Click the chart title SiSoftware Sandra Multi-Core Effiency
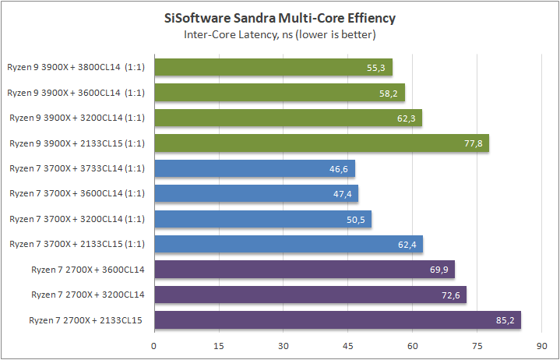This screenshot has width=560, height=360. coord(280,18)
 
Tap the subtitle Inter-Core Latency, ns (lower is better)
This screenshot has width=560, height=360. coord(280,34)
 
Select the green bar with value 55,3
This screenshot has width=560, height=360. coord(273,68)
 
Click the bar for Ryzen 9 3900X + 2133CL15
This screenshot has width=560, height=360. coord(321,143)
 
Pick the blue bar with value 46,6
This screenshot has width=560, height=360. coord(255,168)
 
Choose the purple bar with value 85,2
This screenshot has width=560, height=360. coord(337,319)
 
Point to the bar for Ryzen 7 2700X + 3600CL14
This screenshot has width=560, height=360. coord(305,270)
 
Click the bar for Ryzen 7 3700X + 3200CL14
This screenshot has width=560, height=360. coord(262,219)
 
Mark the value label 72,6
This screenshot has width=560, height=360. coord(452,295)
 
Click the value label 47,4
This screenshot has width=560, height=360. coord(343,194)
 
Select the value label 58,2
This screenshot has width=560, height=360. coord(389,94)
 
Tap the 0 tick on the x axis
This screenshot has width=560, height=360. coord(154,345)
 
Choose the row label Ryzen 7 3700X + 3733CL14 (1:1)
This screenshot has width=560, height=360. coord(77,168)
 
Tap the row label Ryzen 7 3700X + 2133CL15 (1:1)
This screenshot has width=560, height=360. coord(77,244)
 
